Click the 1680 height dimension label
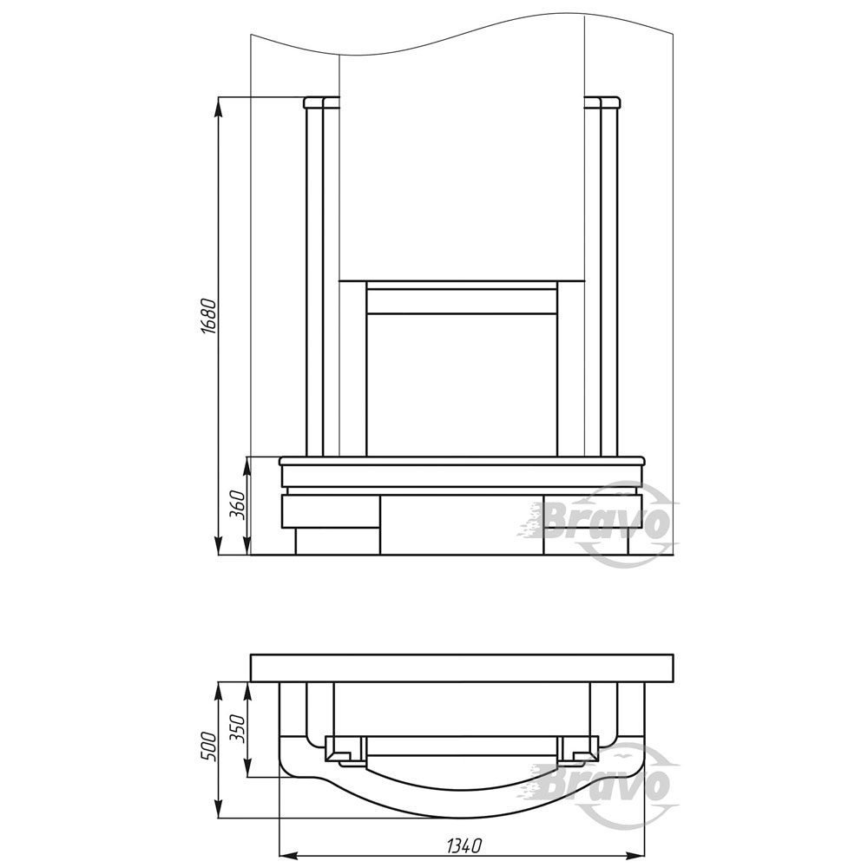[208, 317]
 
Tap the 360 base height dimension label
[237, 503]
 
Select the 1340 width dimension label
[464, 845]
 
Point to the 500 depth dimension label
[207, 746]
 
